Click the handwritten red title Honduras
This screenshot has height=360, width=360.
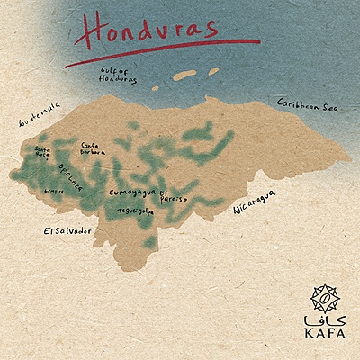click(x=148, y=30)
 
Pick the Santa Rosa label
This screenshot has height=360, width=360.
click(x=42, y=153)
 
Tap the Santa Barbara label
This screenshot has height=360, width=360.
click(x=92, y=148)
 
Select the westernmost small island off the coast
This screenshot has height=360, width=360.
click(x=154, y=88)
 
